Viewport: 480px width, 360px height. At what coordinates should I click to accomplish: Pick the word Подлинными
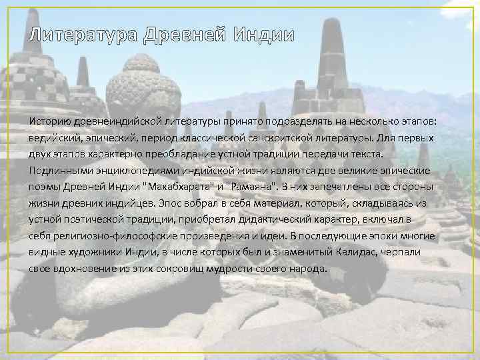coord(57,171)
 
